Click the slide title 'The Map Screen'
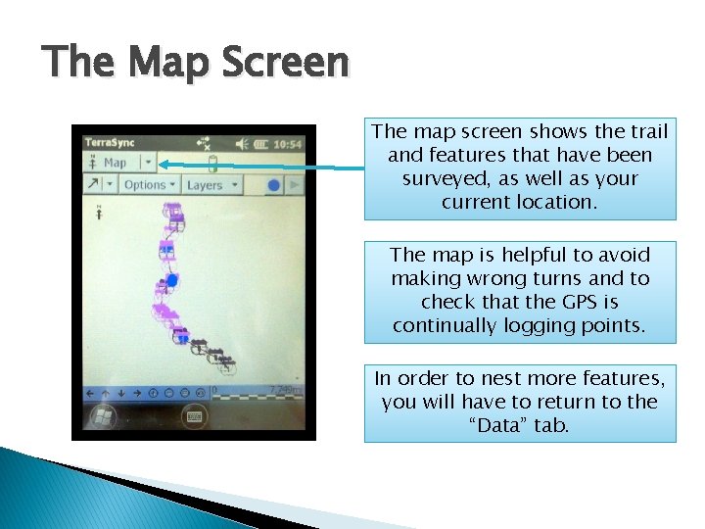[x=196, y=64]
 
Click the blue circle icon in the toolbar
[x=274, y=184]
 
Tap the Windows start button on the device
[x=100, y=416]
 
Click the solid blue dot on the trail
[x=172, y=280]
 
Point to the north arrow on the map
[x=99, y=211]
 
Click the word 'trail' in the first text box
[x=650, y=131]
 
